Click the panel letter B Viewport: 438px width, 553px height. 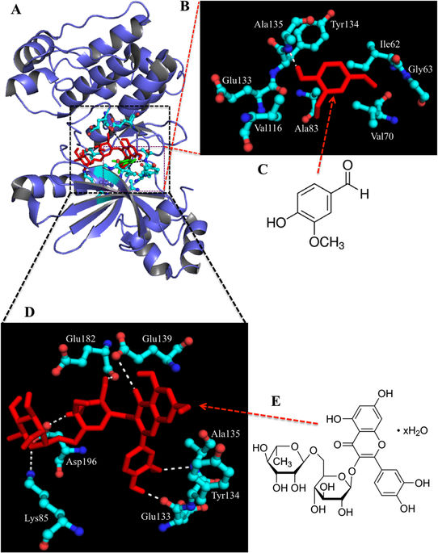(x=185, y=6)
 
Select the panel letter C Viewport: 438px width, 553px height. (x=263, y=170)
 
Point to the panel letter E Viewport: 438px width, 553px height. (x=276, y=401)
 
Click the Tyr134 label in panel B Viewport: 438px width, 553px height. (x=344, y=24)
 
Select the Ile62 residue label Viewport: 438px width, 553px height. (x=390, y=44)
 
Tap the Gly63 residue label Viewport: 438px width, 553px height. (x=420, y=69)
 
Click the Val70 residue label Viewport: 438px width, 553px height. (x=382, y=136)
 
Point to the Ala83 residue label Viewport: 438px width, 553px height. (x=306, y=128)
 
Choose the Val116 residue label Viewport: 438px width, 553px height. (x=268, y=128)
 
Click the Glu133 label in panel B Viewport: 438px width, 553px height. (x=237, y=81)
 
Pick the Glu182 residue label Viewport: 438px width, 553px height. (x=81, y=339)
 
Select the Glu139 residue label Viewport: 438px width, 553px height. (x=157, y=339)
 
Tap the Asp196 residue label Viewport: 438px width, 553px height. (x=82, y=461)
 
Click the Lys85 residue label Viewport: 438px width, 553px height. (x=36, y=518)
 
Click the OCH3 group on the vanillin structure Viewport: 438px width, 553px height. (x=326, y=242)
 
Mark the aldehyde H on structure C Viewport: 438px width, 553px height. (x=364, y=193)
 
